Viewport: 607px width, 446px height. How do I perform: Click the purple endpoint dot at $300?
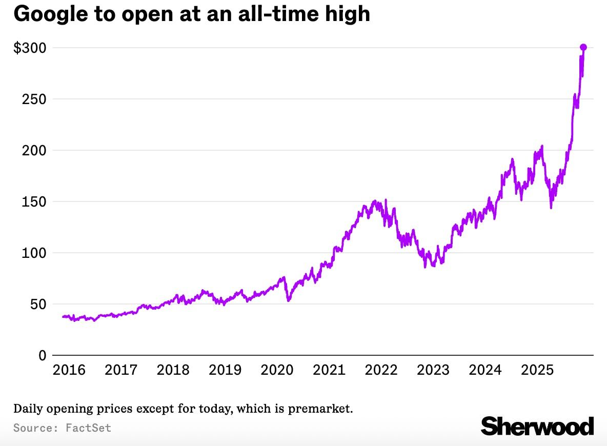point(583,47)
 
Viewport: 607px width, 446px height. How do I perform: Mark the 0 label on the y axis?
point(42,355)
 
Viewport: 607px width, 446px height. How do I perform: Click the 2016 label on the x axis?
point(69,370)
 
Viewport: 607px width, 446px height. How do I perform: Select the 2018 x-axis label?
point(173,370)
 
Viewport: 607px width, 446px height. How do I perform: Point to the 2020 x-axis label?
point(277,370)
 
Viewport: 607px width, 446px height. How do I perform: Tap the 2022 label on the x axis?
point(381,370)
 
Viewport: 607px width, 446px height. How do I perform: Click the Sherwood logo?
point(537,426)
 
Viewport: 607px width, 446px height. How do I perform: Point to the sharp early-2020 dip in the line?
point(288,300)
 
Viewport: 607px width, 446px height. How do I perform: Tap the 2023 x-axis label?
point(433,370)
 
